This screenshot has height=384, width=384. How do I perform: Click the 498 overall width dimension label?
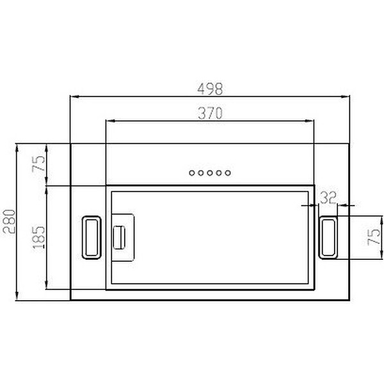coord(209,89)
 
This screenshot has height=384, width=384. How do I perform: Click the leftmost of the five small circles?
coord(191,173)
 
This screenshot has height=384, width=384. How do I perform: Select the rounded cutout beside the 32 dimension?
coord(328,237)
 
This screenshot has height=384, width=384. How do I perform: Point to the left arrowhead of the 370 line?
coord(108,122)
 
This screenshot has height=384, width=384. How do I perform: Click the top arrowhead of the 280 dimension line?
coord(16,147)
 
